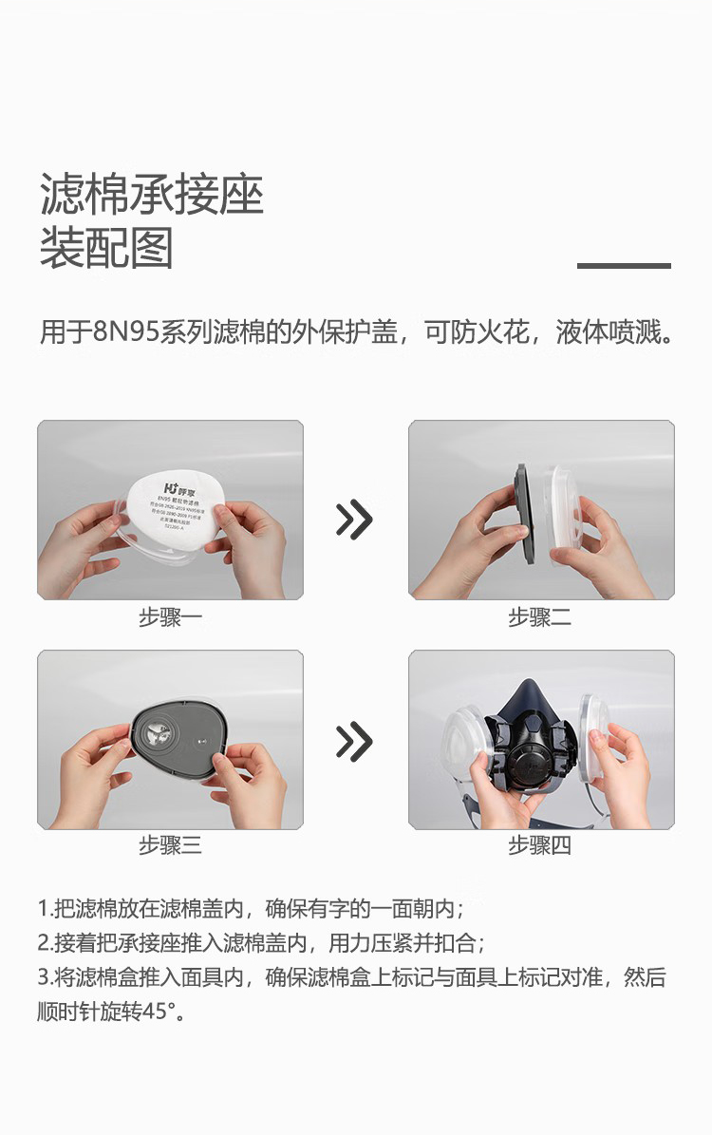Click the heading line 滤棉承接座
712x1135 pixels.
[x=152, y=195]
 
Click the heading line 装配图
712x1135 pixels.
[x=106, y=248]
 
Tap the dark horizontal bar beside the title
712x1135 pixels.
[x=624, y=266]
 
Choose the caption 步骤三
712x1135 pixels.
[x=170, y=844]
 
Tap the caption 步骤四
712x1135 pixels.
[x=539, y=844]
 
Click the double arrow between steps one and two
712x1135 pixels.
[x=354, y=519]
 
